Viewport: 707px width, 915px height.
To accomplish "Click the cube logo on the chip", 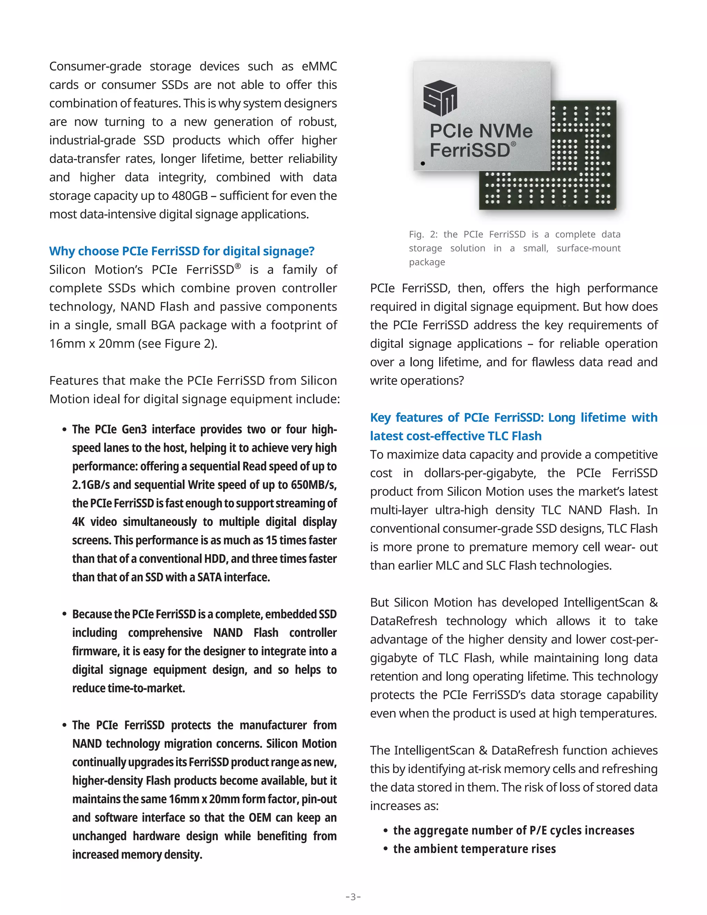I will click(440, 98).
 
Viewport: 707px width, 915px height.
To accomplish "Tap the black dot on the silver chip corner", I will click(423, 163).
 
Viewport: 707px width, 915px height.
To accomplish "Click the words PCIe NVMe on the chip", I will click(481, 131).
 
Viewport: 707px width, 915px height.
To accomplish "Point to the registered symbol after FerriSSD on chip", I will click(513, 144).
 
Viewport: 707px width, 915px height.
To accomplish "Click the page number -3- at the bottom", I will click(353, 897).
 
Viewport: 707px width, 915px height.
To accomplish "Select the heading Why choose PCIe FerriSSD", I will click(182, 251).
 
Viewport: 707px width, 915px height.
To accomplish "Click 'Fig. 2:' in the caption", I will click(423, 234).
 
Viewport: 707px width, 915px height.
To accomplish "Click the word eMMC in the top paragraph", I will click(319, 66).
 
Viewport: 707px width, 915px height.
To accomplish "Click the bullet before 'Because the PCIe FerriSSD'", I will click(65, 614).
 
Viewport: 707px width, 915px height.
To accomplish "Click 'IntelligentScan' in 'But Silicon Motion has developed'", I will click(603, 603).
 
